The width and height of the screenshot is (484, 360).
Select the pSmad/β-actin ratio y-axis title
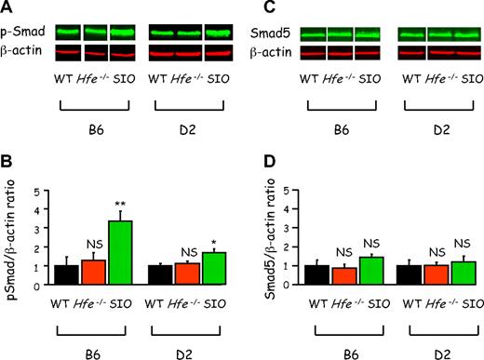pyautogui.click(x=12, y=238)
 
